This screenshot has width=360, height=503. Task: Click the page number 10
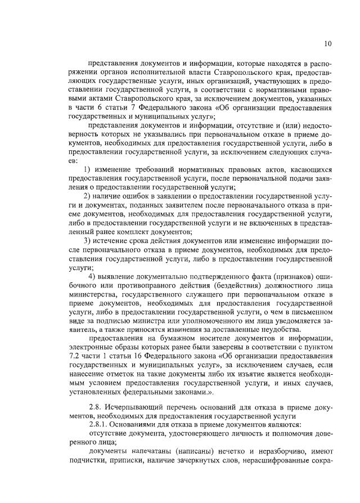click(328, 44)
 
